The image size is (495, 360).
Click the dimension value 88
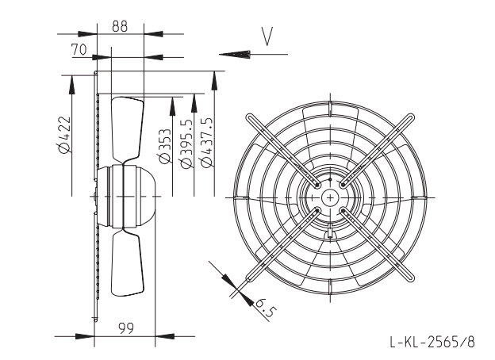(x=120, y=26)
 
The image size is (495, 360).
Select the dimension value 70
(x=79, y=49)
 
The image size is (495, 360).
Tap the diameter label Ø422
(x=63, y=135)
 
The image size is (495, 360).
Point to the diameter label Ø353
(x=165, y=146)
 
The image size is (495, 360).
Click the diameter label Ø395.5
(x=186, y=144)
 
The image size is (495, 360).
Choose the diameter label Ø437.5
(x=207, y=142)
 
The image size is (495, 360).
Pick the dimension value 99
(x=126, y=328)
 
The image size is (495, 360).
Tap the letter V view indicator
(x=267, y=36)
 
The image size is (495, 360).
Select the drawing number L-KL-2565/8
(x=432, y=342)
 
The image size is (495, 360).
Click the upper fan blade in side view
(x=128, y=129)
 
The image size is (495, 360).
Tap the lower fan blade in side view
(x=128, y=262)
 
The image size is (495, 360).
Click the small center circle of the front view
(x=330, y=197)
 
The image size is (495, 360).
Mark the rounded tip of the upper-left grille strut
(x=250, y=117)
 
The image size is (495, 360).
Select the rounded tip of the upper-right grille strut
(x=410, y=117)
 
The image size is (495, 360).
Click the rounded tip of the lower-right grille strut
(x=410, y=278)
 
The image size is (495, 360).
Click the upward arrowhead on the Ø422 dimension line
(x=72, y=85)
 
